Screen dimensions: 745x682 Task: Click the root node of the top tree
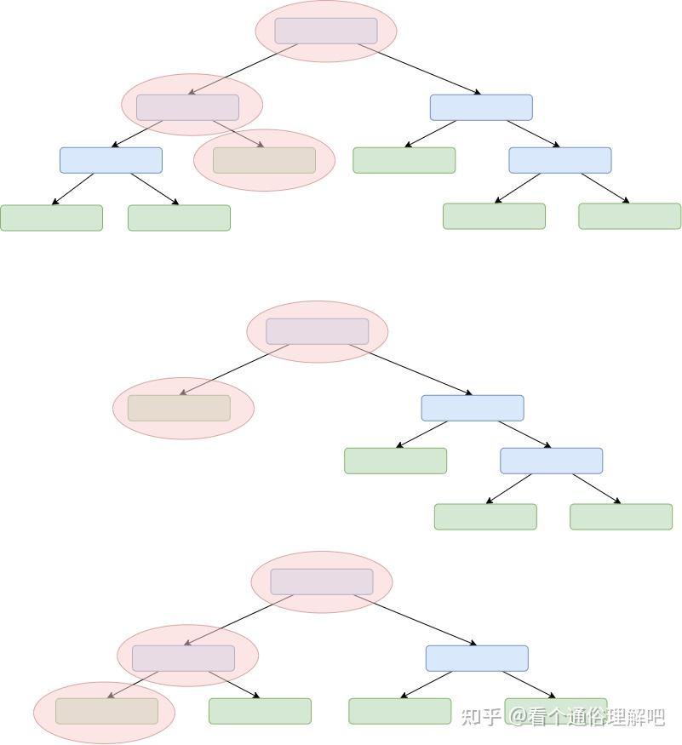coord(326,31)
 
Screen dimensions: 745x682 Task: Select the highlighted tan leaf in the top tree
coord(264,160)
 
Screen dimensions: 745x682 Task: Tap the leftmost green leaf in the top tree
coord(51,218)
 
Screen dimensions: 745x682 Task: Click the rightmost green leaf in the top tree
coord(630,216)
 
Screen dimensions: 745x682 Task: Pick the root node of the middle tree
coord(318,331)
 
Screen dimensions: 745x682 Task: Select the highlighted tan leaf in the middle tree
coord(179,408)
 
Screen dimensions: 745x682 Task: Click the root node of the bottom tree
coord(322,582)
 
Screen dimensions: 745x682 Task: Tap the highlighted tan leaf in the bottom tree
coord(107,711)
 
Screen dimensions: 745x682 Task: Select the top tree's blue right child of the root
coord(481,107)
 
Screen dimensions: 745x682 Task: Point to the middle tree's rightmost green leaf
coord(621,517)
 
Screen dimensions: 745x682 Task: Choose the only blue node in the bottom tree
coord(477,658)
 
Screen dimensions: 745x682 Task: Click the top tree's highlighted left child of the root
coord(188,107)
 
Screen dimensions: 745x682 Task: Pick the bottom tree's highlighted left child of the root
coord(183,658)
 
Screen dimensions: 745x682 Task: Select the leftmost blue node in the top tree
coord(111,160)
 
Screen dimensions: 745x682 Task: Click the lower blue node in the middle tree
coord(551,461)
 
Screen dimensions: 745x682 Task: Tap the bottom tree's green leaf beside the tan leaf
coord(260,711)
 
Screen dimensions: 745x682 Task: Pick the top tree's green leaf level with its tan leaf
coord(404,160)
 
